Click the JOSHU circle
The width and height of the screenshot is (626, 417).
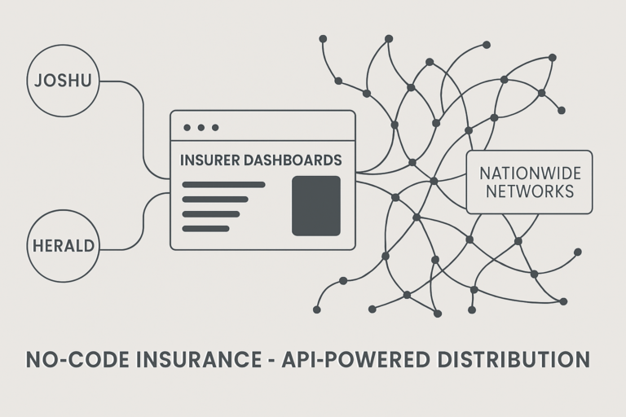pos(63,81)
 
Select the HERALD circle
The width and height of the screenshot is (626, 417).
pos(63,244)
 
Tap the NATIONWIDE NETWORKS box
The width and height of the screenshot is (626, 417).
pos(529,182)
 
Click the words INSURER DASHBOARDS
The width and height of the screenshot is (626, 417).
pos(261,160)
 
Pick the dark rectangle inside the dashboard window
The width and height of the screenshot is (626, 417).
pos(315,205)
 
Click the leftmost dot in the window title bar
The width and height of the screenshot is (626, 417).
pos(187,127)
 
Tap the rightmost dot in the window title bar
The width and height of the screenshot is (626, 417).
pos(215,127)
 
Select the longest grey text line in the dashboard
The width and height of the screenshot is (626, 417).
pos(223,185)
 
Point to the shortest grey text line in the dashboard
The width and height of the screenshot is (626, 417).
pos(205,228)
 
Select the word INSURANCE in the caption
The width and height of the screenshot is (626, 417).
pos(200,359)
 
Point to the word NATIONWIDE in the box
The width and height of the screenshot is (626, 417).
pos(529,173)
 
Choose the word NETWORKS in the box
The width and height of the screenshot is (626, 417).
pos(529,192)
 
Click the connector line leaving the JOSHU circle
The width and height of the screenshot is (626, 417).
pos(143,122)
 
